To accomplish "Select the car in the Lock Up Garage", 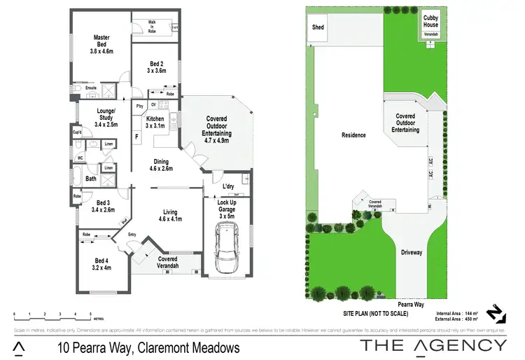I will (227, 250).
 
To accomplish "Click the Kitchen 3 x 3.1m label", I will (155, 123).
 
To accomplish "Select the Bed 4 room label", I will (101, 263).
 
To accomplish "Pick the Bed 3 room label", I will (103, 206).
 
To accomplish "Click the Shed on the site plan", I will (318, 27).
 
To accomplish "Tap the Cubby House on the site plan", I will (430, 22).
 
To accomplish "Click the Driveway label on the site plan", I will (412, 252).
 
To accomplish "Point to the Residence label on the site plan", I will (353, 135).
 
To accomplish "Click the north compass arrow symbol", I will (494, 312).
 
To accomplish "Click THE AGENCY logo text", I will (433, 345).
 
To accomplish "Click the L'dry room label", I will (227, 187).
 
